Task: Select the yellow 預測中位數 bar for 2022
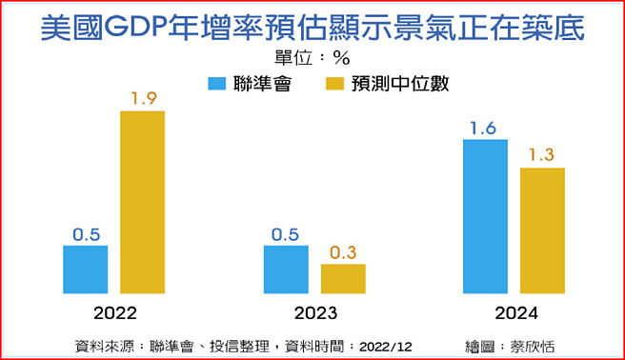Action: pyautogui.click(x=142, y=202)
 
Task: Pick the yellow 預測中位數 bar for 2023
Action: pyautogui.click(x=343, y=278)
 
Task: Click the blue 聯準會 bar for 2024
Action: pyautogui.click(x=485, y=216)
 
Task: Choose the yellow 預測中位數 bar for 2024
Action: pyautogui.click(x=542, y=230)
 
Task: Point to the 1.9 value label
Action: pyautogui.click(x=142, y=97)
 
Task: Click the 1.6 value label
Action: pyautogui.click(x=485, y=127)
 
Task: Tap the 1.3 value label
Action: pyautogui.click(x=542, y=154)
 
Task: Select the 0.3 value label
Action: pyautogui.click(x=343, y=251)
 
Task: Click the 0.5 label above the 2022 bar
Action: pyautogui.click(x=86, y=232)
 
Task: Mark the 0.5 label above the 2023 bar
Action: pyautogui.click(x=286, y=232)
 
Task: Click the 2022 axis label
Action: pyautogui.click(x=115, y=312)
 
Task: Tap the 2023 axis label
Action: pyautogui.click(x=314, y=312)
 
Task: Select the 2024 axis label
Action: pyautogui.click(x=514, y=312)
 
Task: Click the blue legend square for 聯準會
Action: pyautogui.click(x=216, y=83)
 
